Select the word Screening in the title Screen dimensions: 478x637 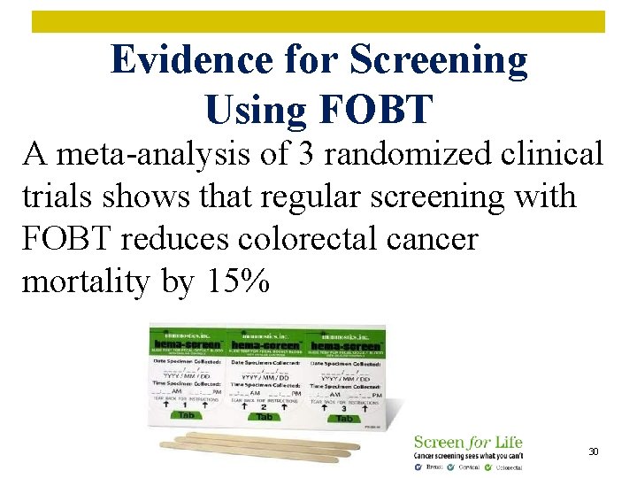coord(439,60)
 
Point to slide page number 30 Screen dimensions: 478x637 coord(594,452)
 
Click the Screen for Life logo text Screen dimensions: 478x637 coord(468,442)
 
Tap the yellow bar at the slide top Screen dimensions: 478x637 coord(318,21)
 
